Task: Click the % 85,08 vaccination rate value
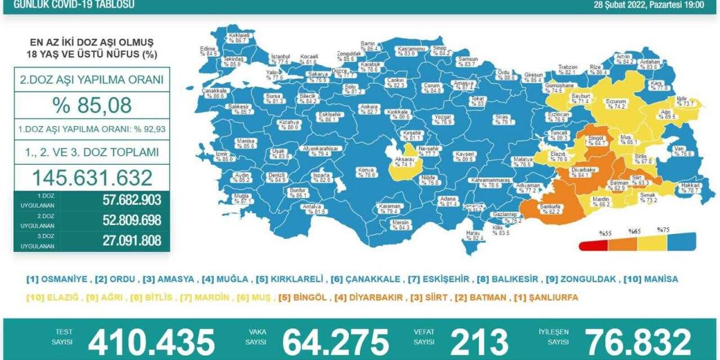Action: click(x=91, y=105)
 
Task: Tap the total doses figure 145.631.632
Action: click(x=92, y=178)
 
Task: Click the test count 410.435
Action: click(x=151, y=341)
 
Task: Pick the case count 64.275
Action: click(x=335, y=341)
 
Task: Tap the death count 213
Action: click(x=479, y=341)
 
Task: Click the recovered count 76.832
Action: click(x=638, y=341)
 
